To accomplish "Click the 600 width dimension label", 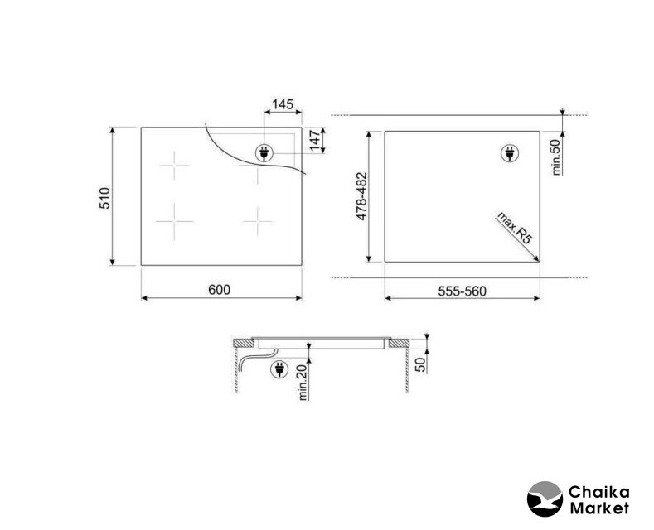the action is (x=219, y=289).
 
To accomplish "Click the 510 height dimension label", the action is (x=104, y=198).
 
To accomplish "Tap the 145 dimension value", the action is (x=283, y=104).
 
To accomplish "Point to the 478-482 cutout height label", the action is (x=361, y=196).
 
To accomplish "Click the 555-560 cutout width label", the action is (x=463, y=291).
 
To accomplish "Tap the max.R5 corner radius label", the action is (x=515, y=228).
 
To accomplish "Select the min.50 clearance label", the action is (x=555, y=157).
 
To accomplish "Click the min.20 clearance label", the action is (x=303, y=382).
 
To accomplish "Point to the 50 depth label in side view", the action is (x=421, y=364).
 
